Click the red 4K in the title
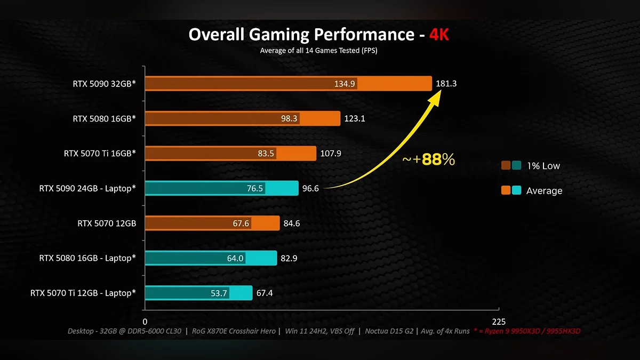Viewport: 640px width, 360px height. click(x=439, y=35)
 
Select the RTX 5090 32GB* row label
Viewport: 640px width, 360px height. click(x=105, y=84)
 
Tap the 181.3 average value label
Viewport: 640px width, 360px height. click(x=446, y=84)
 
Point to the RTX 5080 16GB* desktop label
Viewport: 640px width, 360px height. click(x=105, y=118)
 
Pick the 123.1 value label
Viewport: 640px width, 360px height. click(x=355, y=118)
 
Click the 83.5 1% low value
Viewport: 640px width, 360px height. click(x=266, y=154)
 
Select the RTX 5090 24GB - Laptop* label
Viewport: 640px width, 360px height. click(x=87, y=188)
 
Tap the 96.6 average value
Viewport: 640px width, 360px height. click(x=310, y=188)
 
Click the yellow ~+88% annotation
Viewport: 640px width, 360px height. click(x=428, y=159)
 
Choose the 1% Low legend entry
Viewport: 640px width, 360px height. click(x=543, y=166)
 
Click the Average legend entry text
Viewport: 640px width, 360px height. click(x=544, y=190)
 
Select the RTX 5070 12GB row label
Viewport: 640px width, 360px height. click(x=107, y=223)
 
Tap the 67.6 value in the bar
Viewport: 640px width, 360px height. click(x=241, y=223)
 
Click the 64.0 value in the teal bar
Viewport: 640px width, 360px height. click(x=235, y=258)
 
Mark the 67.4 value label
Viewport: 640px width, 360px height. click(x=265, y=293)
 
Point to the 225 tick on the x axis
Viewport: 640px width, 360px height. click(x=499, y=322)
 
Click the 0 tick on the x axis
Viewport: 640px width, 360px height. click(x=145, y=322)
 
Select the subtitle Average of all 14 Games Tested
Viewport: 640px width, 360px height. click(x=319, y=51)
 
